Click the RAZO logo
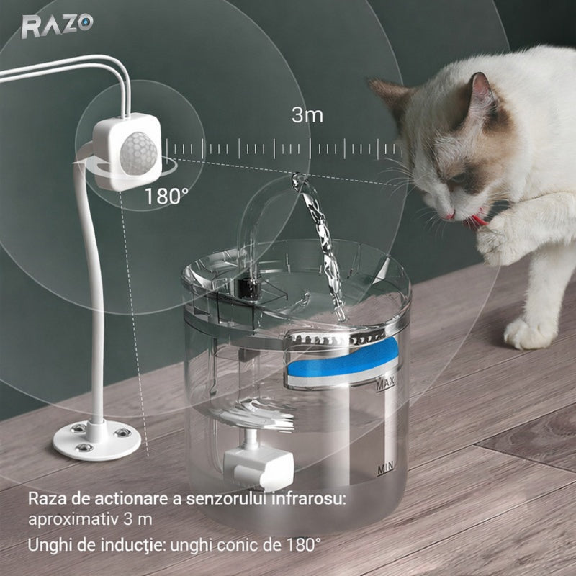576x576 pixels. pyautogui.click(x=58, y=26)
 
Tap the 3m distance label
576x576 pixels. pyautogui.click(x=307, y=115)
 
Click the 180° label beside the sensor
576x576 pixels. pyautogui.click(x=167, y=196)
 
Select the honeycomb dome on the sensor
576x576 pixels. pyautogui.click(x=138, y=153)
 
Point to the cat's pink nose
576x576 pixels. pyautogui.click(x=449, y=215)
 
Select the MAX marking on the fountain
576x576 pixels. pyautogui.click(x=386, y=384)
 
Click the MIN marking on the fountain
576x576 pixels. pyautogui.click(x=386, y=469)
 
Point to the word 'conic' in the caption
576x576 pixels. pyautogui.click(x=239, y=545)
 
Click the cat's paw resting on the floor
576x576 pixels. pyautogui.click(x=530, y=333)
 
